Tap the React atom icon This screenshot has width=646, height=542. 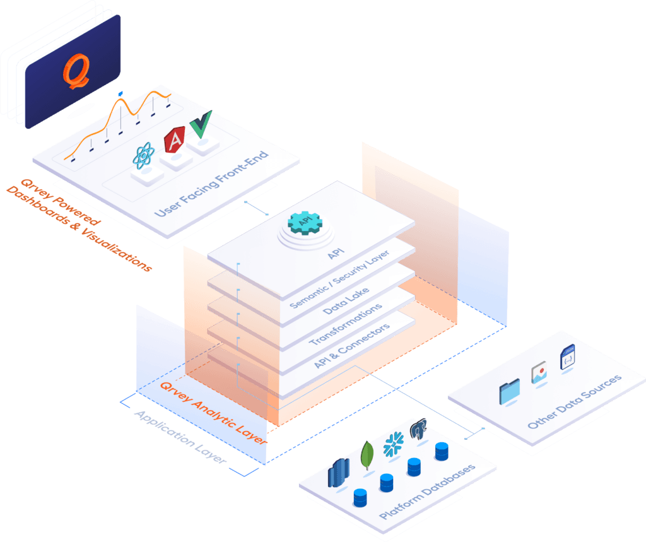144,156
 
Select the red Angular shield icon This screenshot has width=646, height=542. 173,141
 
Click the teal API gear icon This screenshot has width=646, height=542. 304,222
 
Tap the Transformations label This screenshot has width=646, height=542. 346,324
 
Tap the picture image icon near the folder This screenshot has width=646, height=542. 539,374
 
